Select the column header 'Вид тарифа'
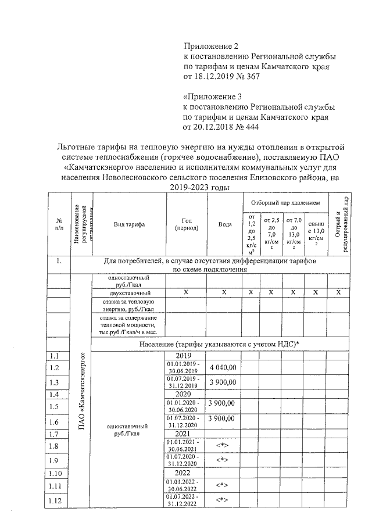click(x=129, y=224)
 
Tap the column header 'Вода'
click(x=224, y=224)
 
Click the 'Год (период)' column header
click(x=186, y=224)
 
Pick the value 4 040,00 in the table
click(x=223, y=367)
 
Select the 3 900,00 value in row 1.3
click(x=223, y=382)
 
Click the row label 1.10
click(x=57, y=473)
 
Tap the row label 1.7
click(x=56, y=434)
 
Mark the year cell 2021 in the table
click(x=186, y=434)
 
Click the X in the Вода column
click(x=224, y=293)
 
